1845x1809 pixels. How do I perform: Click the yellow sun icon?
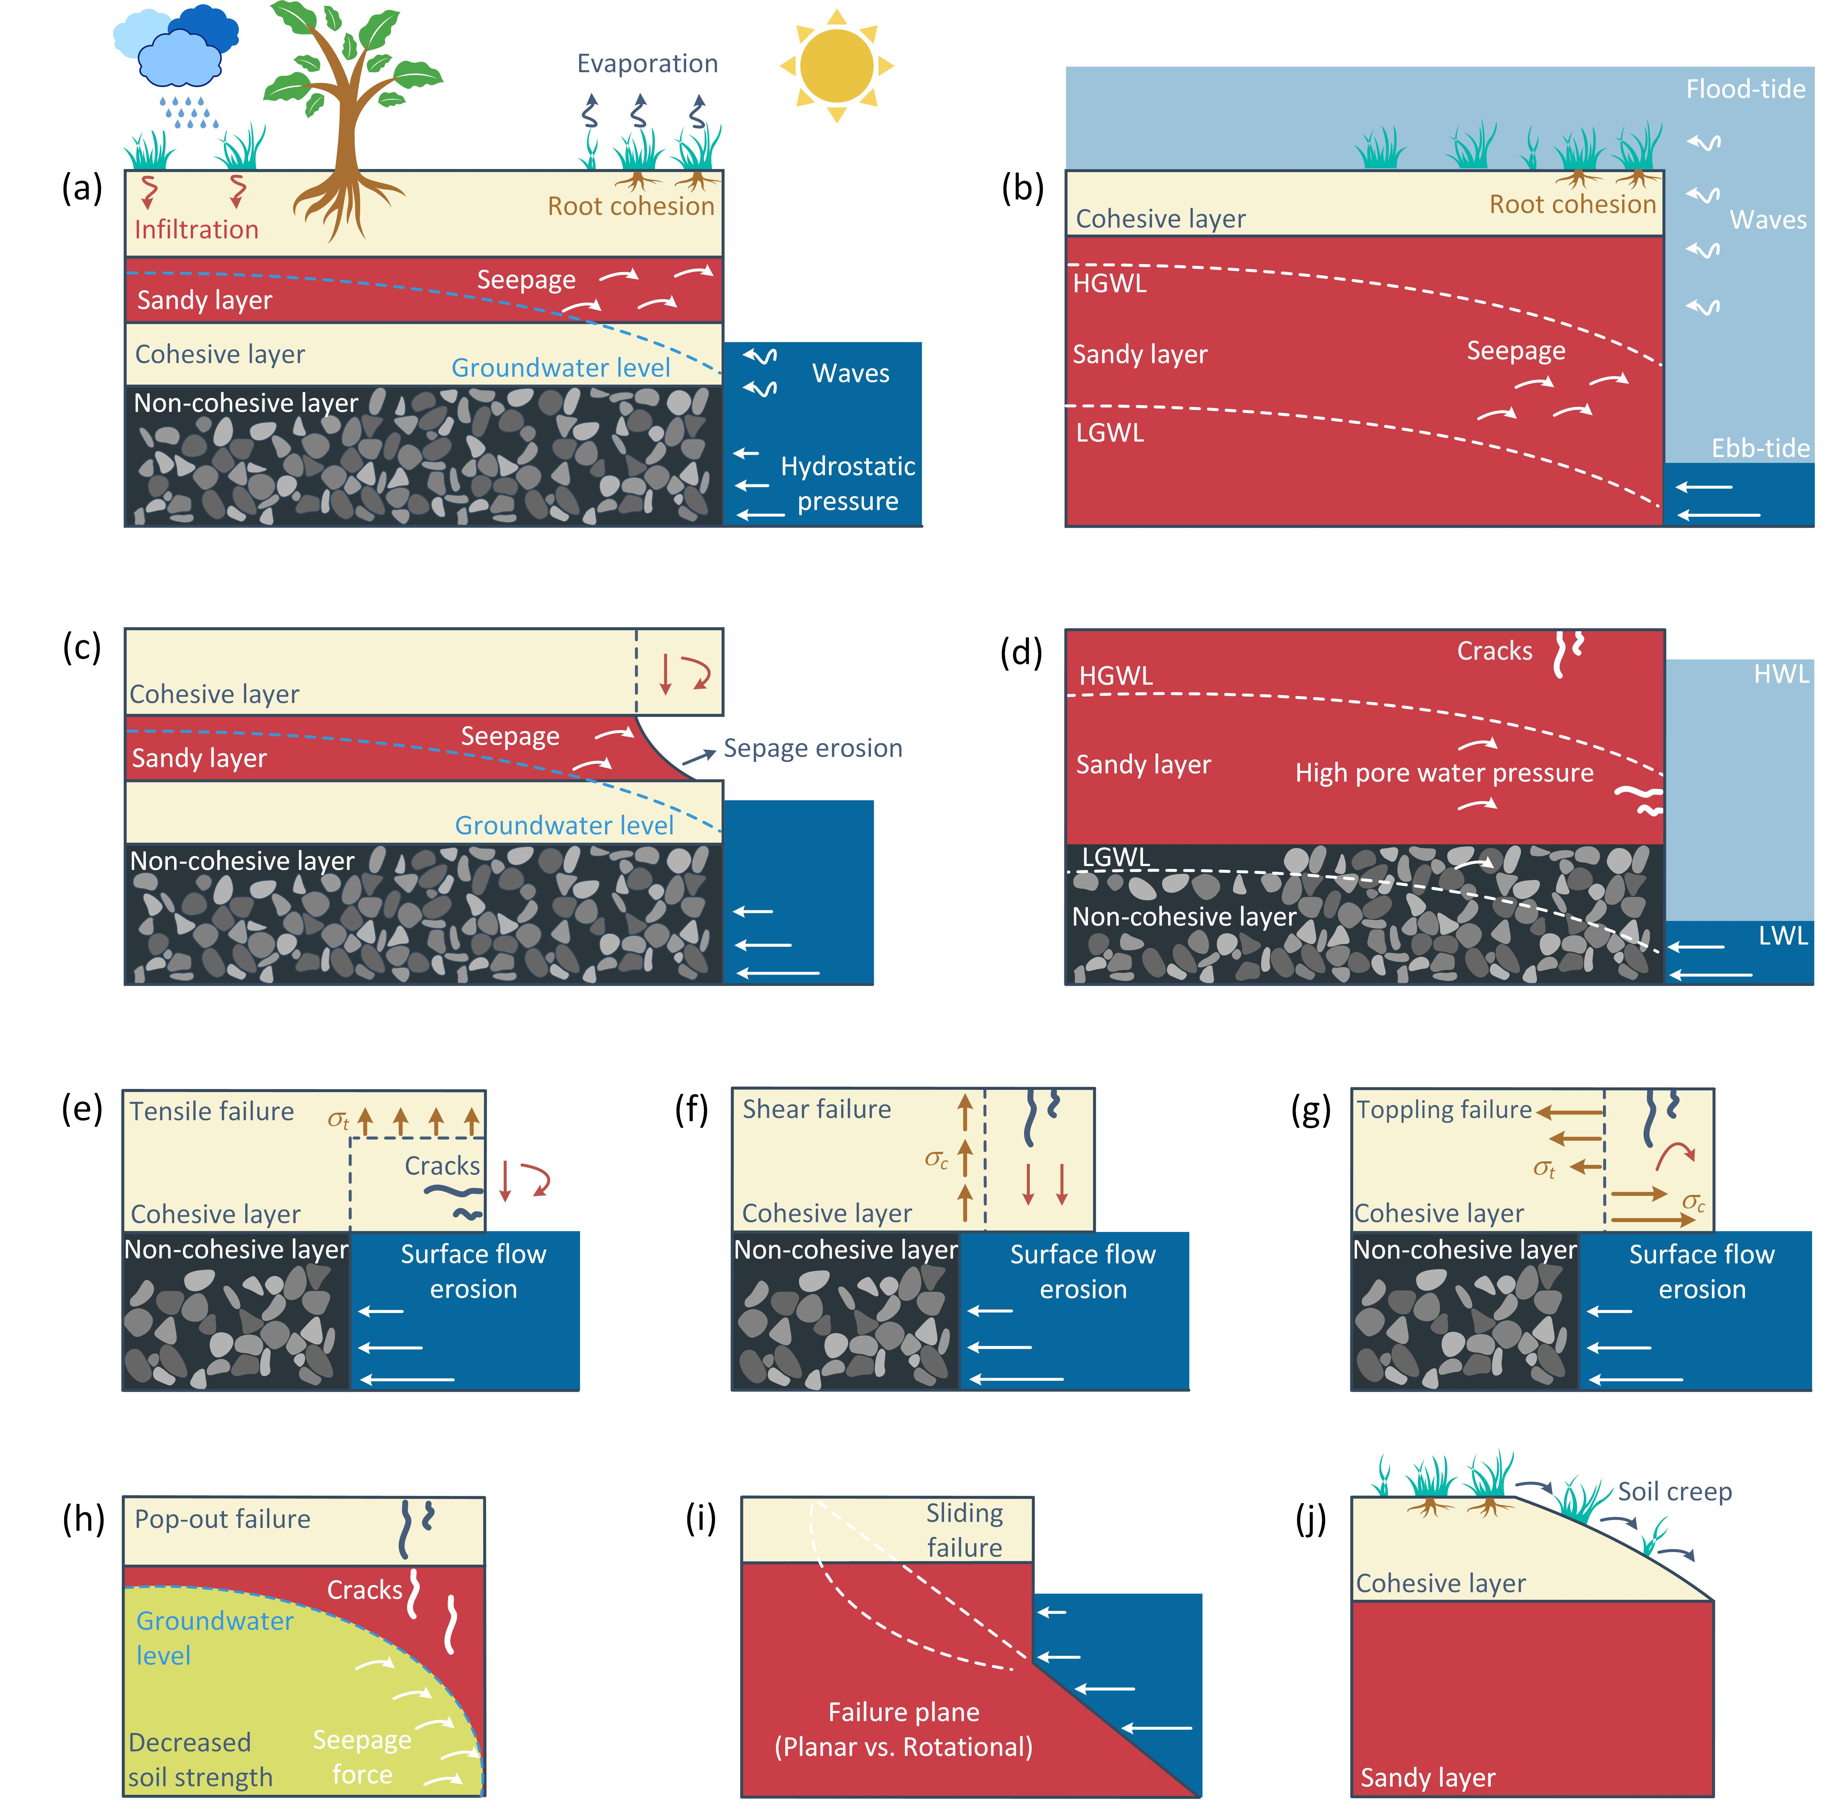836,66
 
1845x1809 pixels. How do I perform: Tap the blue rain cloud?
179,57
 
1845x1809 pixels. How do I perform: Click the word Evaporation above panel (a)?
647,64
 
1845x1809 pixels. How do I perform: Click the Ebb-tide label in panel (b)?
1760,449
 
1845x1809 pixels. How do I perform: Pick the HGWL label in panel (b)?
1109,283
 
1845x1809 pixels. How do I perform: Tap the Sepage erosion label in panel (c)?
812,749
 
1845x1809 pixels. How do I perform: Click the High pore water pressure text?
1443,773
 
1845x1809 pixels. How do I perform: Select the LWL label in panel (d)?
1782,936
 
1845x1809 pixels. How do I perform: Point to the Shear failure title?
816,1110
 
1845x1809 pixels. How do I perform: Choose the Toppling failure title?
1443,1110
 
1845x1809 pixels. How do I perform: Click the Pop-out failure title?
222,1519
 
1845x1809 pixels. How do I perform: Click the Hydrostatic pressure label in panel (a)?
847,484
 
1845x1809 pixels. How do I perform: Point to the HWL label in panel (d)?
1780,675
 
